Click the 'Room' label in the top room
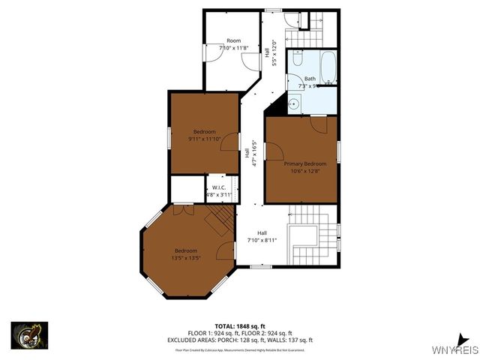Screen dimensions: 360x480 [x=233, y=40]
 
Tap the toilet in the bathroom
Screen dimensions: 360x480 [x=298, y=58]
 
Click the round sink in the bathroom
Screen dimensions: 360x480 [x=295, y=103]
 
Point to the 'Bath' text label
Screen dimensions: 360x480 [x=310, y=79]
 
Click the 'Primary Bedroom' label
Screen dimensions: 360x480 [x=304, y=163]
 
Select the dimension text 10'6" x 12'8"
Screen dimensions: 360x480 [x=304, y=170]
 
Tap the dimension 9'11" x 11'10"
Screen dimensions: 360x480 [x=204, y=139]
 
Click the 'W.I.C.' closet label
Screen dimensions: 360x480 [x=219, y=187]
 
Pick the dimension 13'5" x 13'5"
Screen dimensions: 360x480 [x=186, y=257]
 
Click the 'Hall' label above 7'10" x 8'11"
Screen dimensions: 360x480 [x=262, y=232]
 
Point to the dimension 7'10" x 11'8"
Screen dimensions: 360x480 [x=233, y=48]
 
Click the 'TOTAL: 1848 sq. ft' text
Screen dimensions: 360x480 [x=240, y=326]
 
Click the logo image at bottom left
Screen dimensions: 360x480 [x=29, y=335]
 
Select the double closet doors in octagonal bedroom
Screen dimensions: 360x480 [x=178, y=210]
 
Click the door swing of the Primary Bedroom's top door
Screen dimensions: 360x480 [x=319, y=124]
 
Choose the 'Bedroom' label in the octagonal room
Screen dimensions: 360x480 [x=186, y=250]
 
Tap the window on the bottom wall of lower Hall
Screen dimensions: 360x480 [x=261, y=266]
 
